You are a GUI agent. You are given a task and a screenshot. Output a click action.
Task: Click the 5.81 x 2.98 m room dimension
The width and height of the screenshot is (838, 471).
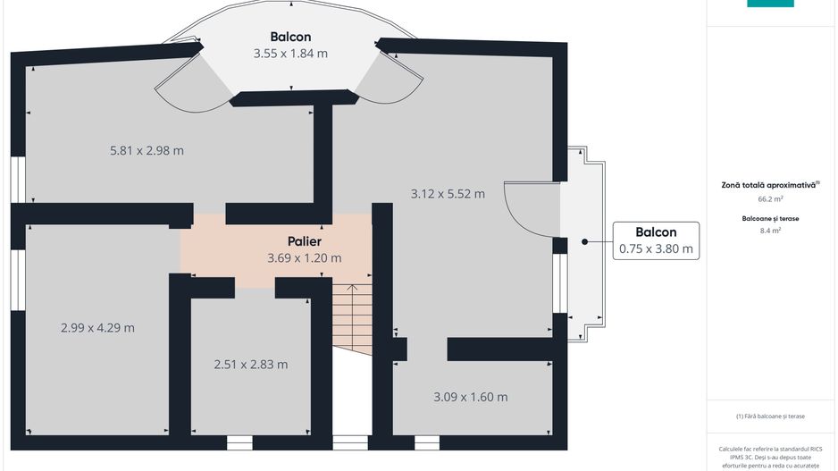147,150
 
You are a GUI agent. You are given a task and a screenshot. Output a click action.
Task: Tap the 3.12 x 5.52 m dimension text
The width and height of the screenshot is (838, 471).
448,193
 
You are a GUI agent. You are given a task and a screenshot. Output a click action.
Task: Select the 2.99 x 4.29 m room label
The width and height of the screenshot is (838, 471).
97,327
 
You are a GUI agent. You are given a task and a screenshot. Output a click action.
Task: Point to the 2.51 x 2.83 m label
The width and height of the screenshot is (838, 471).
251,364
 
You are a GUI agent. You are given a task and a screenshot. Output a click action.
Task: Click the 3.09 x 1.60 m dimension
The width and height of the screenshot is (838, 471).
470,397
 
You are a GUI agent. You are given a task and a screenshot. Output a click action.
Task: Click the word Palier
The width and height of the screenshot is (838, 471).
304,241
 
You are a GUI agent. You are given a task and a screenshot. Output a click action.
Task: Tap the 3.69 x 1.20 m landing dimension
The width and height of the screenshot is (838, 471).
304,258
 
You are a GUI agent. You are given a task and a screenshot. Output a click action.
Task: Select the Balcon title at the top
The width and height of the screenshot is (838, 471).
290,37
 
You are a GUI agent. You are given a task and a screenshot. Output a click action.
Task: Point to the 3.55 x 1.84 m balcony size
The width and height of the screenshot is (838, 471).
290,54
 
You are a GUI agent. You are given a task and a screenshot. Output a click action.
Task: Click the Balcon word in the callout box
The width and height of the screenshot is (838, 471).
656,231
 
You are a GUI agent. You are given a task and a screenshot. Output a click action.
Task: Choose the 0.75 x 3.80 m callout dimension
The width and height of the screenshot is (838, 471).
656,249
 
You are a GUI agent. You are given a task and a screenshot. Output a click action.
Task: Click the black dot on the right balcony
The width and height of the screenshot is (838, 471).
584,241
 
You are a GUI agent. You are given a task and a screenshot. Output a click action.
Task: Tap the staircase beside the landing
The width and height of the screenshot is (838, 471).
351,317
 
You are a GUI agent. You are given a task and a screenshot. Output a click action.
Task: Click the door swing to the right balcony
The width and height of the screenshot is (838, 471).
530,208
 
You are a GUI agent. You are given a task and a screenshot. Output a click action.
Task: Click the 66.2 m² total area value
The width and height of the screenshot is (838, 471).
770,199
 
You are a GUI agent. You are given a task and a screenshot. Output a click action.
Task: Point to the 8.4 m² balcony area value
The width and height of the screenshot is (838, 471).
770,231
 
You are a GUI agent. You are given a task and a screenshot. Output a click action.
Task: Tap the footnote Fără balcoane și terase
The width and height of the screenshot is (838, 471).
771,416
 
